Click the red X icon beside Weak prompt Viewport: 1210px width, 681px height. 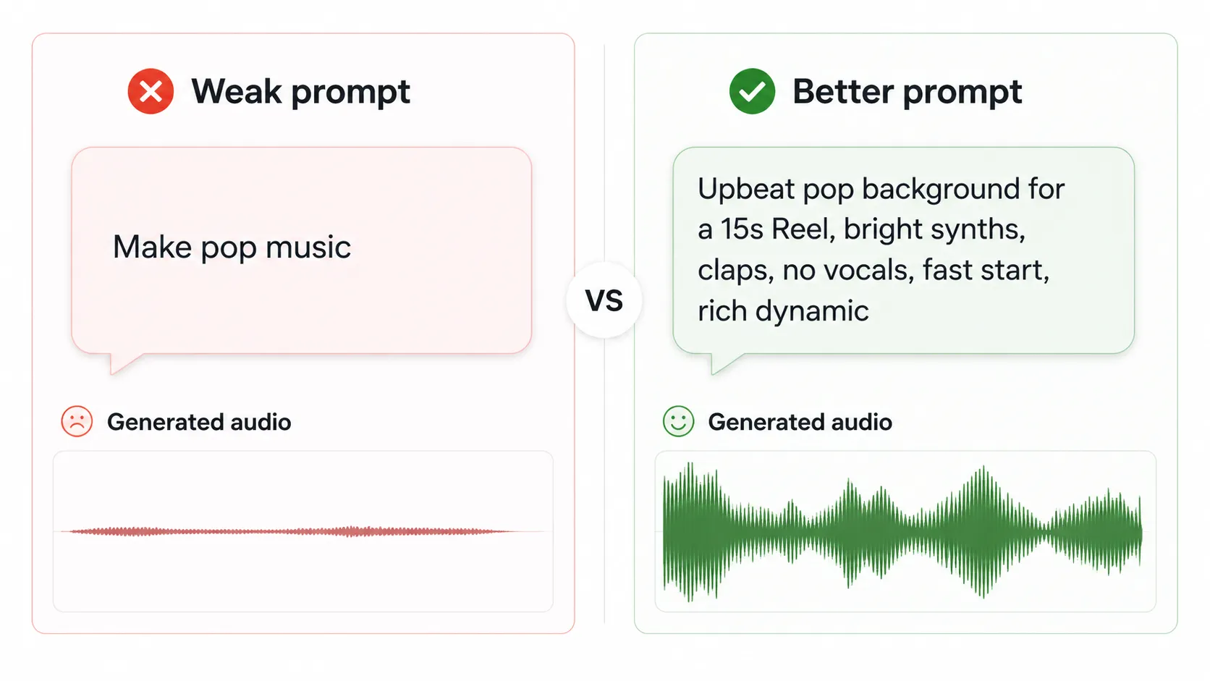(151, 91)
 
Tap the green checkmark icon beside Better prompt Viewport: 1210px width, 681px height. (752, 91)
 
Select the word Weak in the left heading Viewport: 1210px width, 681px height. (236, 92)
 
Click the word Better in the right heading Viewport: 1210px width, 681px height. (843, 92)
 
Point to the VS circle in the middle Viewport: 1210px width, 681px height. (604, 300)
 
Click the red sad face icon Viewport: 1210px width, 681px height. (77, 421)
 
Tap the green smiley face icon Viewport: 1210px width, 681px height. (678, 421)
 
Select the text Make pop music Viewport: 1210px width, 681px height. (232, 248)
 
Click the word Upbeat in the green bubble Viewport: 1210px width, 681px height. (736, 190)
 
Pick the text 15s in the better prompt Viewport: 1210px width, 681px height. (742, 229)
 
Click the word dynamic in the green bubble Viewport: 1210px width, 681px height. (811, 311)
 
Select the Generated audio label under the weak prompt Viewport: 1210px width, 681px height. (199, 422)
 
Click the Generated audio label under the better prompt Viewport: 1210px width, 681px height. (800, 422)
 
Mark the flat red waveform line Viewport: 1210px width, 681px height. (289, 531)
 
